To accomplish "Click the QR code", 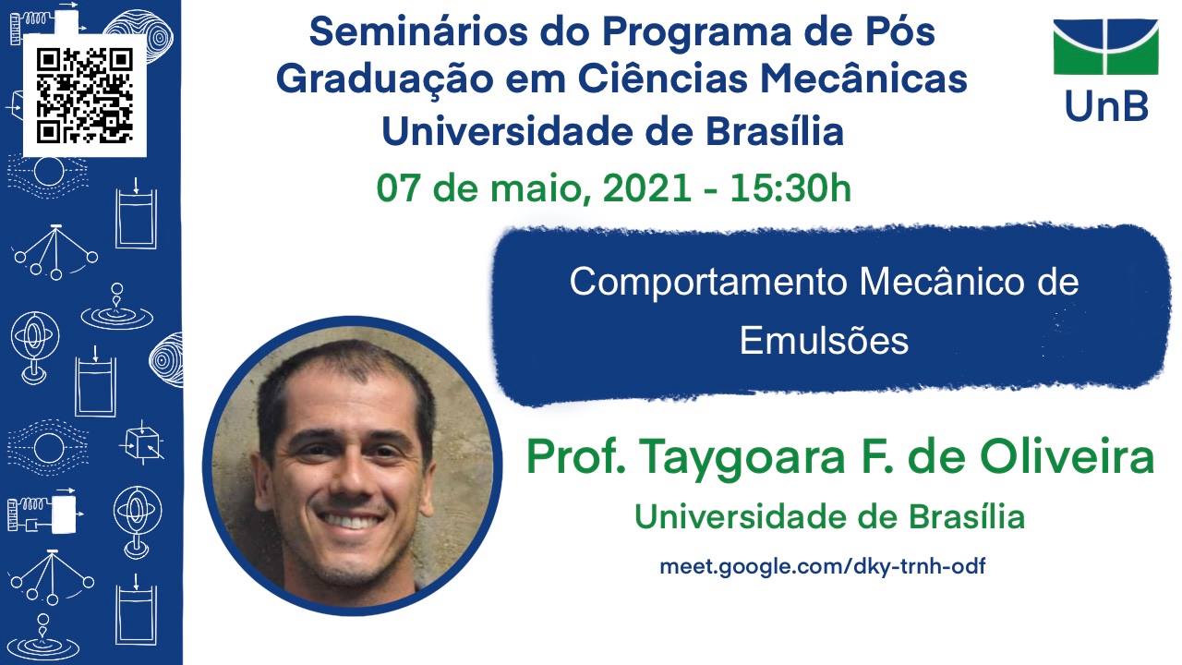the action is [84, 96].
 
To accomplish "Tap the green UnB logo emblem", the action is [1105, 47].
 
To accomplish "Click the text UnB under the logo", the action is [1106, 106].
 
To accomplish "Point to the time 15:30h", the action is [790, 188].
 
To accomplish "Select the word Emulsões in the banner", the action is [824, 341].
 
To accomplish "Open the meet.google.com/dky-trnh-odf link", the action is [822, 567].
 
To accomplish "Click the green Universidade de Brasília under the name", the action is [829, 516].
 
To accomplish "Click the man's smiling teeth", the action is [352, 520].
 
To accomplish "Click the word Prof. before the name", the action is [575, 456].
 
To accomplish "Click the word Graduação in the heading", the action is [385, 79].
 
